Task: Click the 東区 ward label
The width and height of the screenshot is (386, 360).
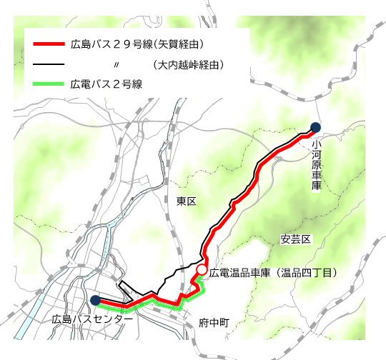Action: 186,201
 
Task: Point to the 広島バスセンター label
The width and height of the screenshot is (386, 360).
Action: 93,319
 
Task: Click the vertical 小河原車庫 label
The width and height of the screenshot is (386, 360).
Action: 316,165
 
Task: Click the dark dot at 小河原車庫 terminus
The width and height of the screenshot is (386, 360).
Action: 315,128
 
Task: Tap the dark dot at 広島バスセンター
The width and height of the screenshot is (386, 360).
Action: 95,300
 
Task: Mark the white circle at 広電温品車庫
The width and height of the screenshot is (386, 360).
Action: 202,270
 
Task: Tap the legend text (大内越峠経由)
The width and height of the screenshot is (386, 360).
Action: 189,64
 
